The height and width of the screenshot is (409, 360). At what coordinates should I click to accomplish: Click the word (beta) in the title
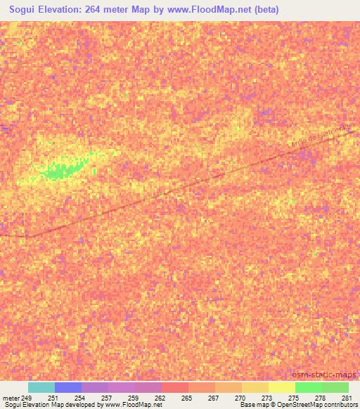264,10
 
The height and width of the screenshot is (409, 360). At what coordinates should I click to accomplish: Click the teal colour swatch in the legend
41,387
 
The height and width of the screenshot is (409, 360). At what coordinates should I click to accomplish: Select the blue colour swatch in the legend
68,387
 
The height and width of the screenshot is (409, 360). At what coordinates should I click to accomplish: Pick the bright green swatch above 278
308,387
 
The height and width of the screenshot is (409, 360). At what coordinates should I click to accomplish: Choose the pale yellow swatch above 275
281,387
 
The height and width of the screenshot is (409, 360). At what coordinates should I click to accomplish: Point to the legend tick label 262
160,397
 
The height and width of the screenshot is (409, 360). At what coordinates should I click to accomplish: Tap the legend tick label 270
240,397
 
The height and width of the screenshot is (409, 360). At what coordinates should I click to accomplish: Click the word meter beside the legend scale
12,397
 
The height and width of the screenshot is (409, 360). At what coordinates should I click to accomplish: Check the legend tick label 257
108,397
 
